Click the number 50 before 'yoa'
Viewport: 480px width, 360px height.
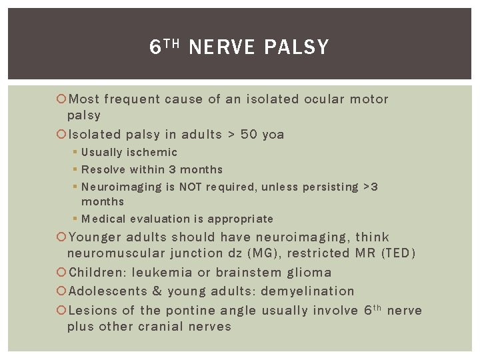pyautogui.click(x=249, y=135)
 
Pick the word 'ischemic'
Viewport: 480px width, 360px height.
pyautogui.click(x=153, y=153)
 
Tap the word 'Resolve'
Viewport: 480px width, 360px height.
pyautogui.click(x=103, y=169)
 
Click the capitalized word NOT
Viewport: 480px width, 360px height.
pyautogui.click(x=191, y=187)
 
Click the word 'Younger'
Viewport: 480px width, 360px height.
pyautogui.click(x=95, y=237)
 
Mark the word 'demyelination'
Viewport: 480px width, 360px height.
pyautogui.click(x=307, y=291)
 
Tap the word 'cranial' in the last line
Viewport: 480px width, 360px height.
pyautogui.click(x=160, y=327)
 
